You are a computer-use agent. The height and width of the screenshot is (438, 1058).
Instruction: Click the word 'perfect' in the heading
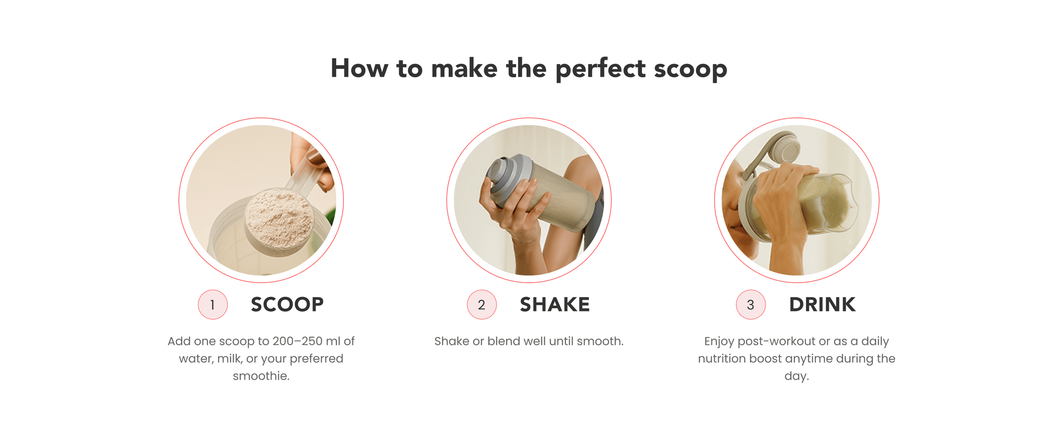(600, 69)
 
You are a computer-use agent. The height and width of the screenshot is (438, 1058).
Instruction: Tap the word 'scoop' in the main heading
(691, 70)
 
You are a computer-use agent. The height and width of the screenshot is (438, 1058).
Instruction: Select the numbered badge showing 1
(213, 305)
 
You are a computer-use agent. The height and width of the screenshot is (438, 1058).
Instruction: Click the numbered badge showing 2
(481, 305)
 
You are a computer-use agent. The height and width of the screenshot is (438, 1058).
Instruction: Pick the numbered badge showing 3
(750, 305)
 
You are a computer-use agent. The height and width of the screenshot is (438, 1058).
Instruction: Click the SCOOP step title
(287, 305)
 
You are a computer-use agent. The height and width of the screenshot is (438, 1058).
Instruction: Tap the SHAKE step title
(554, 305)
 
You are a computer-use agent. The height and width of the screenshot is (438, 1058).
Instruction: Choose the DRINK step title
(822, 305)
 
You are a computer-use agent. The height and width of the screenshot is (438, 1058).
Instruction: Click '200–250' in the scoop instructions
(297, 341)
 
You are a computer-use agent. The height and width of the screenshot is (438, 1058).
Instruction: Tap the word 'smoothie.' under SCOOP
(261, 376)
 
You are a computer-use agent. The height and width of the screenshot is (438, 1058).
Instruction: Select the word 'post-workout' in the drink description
(776, 342)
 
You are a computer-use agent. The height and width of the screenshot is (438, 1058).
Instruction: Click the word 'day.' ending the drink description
(797, 376)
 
